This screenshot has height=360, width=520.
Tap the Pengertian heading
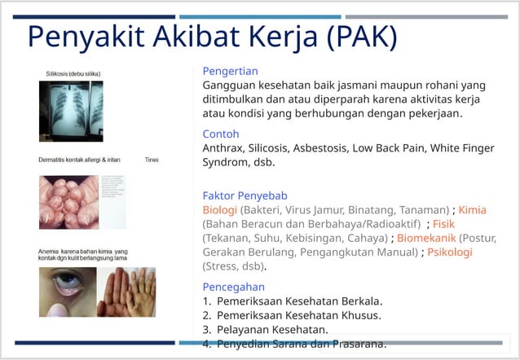[231, 71]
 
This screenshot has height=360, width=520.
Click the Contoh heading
[220, 134]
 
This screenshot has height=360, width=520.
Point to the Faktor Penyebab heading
[245, 195]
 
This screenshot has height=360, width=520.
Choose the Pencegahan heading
[234, 287]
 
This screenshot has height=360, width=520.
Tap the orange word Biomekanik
[426, 238]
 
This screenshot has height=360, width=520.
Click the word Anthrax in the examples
[223, 148]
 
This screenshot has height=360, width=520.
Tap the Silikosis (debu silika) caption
[73, 73]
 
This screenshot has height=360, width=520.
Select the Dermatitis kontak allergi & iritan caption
[79, 160]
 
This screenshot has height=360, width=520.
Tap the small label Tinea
[152, 160]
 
